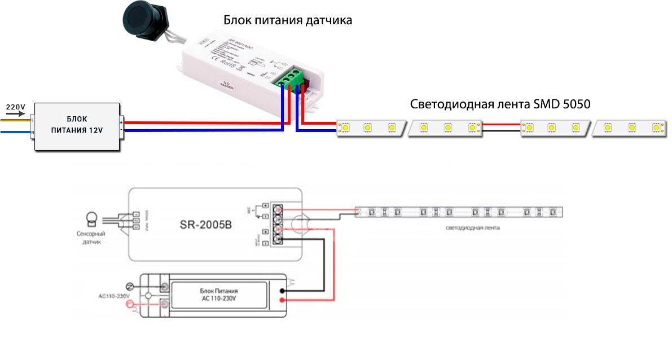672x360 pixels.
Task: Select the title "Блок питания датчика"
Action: click(x=288, y=20)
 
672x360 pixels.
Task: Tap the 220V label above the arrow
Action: click(x=15, y=106)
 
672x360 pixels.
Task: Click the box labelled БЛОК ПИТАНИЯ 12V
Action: click(x=77, y=126)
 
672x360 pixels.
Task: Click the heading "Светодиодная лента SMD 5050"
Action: click(x=500, y=104)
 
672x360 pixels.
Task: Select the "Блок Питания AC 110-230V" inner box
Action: click(x=219, y=294)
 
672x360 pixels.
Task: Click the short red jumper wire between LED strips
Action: click(x=502, y=125)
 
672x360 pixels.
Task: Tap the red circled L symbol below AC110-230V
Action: click(x=131, y=305)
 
